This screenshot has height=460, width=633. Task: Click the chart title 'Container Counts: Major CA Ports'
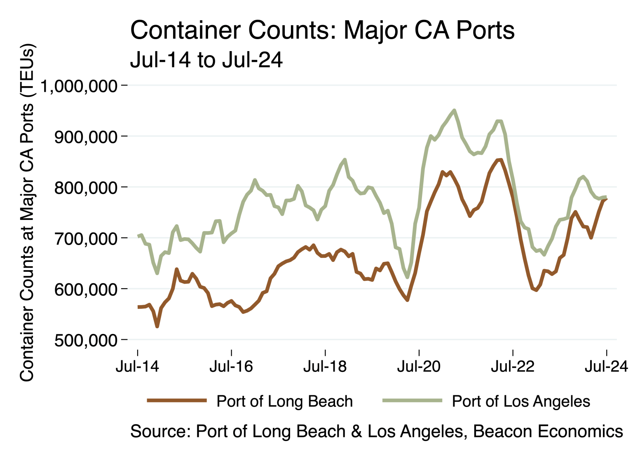(x=322, y=30)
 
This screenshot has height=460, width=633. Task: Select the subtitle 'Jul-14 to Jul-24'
(x=206, y=60)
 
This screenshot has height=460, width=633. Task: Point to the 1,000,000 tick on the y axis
(x=78, y=86)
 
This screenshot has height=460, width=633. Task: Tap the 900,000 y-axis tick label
(x=86, y=137)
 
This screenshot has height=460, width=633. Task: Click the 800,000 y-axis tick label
(x=86, y=188)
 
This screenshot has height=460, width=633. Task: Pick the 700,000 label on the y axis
(x=86, y=238)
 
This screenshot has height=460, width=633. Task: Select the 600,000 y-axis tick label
(x=86, y=290)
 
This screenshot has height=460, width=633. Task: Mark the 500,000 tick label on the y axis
(x=86, y=340)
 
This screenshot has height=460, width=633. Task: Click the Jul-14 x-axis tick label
(x=137, y=366)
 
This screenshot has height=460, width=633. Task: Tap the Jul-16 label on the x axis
(x=231, y=366)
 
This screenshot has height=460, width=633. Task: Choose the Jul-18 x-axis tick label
(x=325, y=366)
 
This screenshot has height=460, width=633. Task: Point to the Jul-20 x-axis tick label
(x=419, y=366)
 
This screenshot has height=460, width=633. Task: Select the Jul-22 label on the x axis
(x=513, y=366)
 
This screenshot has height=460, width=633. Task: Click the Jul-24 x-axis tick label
(x=606, y=366)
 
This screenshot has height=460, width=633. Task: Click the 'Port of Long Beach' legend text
(x=284, y=401)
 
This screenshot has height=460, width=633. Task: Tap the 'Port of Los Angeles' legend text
(x=521, y=401)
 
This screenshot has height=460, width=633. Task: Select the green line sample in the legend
(x=412, y=400)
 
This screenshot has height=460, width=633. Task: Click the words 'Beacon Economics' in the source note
(x=548, y=431)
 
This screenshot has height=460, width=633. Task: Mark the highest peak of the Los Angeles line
(x=454, y=110)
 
